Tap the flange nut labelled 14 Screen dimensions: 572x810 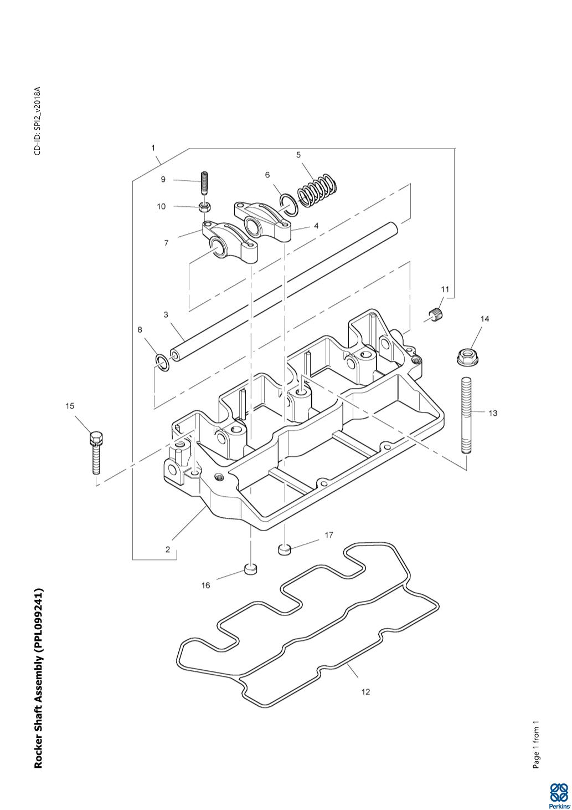coord(467,357)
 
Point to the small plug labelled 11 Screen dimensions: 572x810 coord(437,313)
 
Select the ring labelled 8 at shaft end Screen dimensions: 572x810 coord(162,363)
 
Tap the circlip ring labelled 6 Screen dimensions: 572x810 coord(288,205)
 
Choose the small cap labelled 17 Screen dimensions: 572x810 coord(285,549)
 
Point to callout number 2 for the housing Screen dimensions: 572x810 coord(168,549)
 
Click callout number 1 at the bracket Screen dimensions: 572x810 coord(153,148)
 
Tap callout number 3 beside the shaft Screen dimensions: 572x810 coord(166,314)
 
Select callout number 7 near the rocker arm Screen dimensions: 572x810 coord(166,243)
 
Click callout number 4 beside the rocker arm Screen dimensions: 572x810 coord(316,226)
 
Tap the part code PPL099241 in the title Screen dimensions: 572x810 coord(38,620)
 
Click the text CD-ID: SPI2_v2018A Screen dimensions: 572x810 coord(38,121)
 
